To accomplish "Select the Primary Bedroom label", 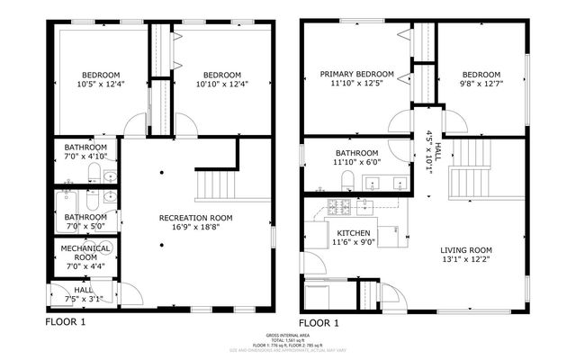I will tap(356, 74).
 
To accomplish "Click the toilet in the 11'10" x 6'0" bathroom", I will tap(347, 183).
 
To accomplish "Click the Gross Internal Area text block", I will tap(288, 341).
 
